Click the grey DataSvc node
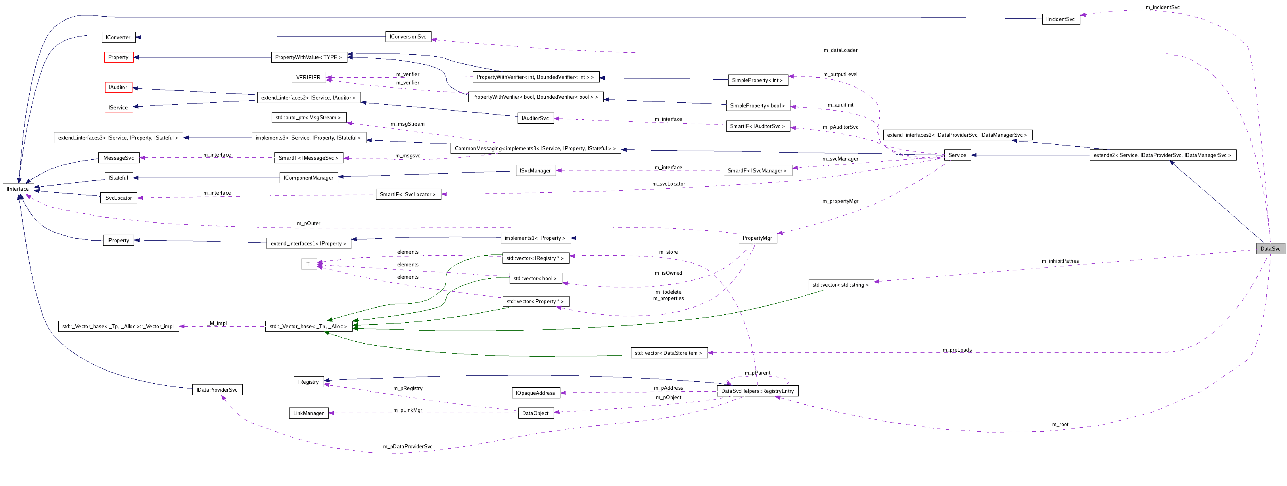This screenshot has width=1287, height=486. click(1270, 248)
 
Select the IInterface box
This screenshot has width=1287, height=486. click(18, 189)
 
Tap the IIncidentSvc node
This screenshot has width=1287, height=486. click(1061, 19)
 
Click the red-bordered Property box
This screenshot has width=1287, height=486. click(119, 57)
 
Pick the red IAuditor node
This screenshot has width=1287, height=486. click(119, 88)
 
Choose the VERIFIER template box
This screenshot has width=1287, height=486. click(308, 77)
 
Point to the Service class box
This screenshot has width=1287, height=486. click(957, 155)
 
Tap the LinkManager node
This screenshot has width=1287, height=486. click(308, 413)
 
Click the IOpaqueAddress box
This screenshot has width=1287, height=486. click(535, 392)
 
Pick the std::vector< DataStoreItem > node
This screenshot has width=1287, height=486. click(668, 353)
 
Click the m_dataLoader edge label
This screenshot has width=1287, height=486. click(840, 50)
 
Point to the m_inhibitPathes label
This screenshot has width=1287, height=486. click(1060, 261)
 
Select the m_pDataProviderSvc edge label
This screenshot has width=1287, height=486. click(408, 446)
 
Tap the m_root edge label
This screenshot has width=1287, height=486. click(1060, 425)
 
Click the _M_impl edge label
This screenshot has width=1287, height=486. click(218, 323)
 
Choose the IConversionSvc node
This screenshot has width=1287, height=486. click(408, 36)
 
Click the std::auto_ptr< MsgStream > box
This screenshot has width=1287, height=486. click(308, 117)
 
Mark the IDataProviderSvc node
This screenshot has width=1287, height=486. click(217, 390)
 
